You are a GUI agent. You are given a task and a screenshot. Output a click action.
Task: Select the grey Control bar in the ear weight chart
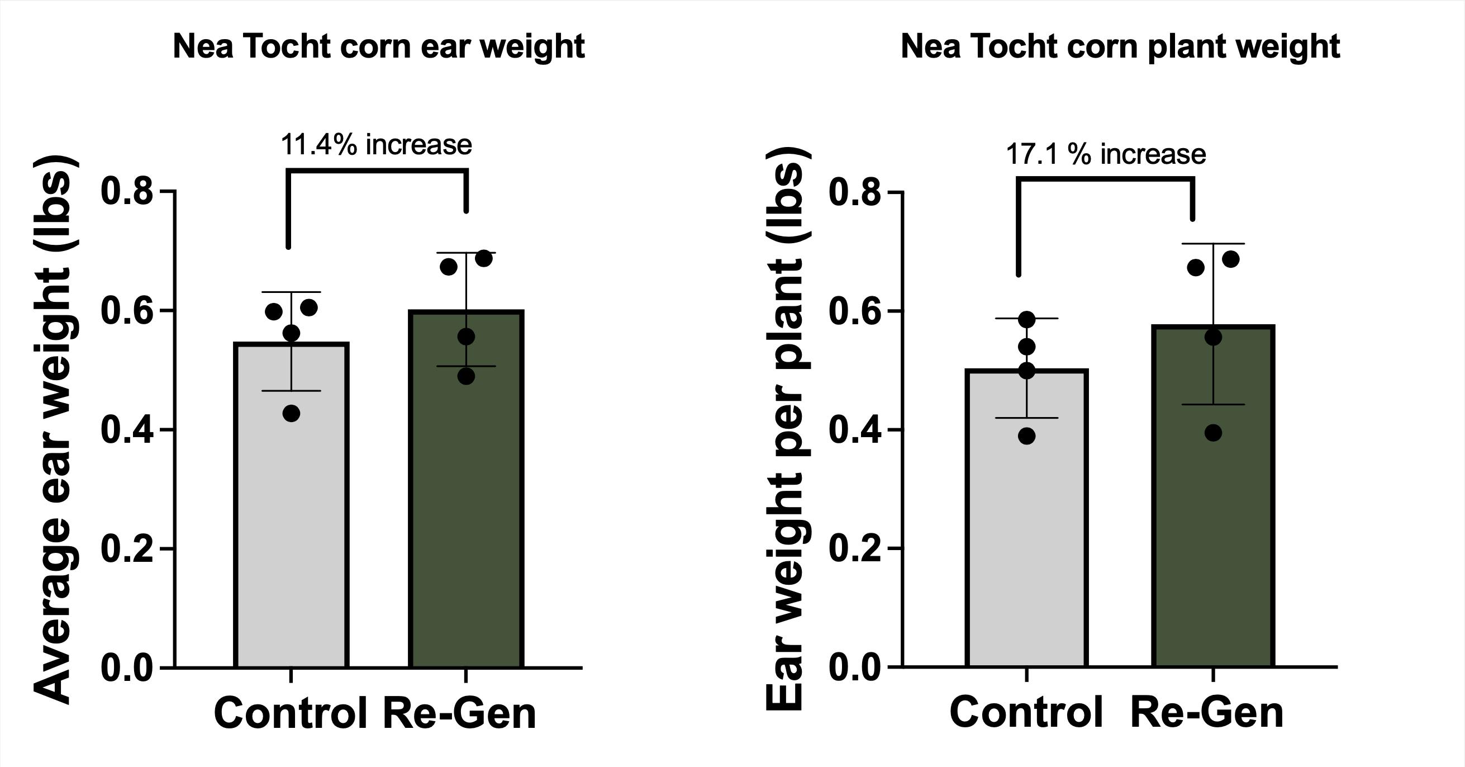(x=291, y=512)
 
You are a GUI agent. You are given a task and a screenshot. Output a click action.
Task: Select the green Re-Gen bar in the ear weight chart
(x=466, y=512)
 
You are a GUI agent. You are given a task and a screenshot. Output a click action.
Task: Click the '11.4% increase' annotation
(x=376, y=145)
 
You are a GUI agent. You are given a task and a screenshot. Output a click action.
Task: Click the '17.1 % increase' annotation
(x=1106, y=155)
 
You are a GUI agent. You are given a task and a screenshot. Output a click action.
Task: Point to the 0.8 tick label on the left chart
(x=127, y=192)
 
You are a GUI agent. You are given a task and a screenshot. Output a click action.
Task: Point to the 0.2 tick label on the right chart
(x=855, y=548)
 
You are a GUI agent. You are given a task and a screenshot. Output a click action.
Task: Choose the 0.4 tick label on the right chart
(x=855, y=430)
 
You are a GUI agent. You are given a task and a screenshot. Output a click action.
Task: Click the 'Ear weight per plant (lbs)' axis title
(x=784, y=429)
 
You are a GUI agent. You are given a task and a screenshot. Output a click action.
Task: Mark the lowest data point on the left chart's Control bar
(x=291, y=414)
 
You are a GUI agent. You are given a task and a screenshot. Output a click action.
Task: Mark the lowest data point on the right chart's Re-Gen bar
(x=1213, y=433)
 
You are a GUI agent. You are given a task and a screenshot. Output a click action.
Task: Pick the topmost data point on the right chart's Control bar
(x=1026, y=320)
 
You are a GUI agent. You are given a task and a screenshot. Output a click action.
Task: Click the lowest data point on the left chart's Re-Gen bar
(x=466, y=376)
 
